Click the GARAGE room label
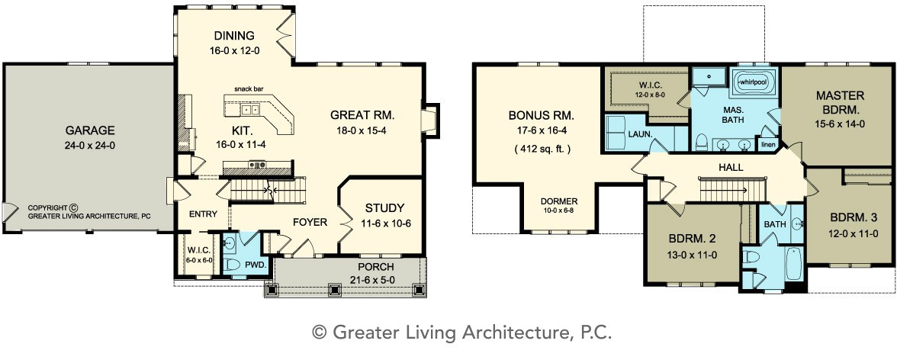[x=89, y=130]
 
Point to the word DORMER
[x=559, y=201]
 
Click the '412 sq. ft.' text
[x=542, y=149]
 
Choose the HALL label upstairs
[x=731, y=168]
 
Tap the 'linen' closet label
[x=768, y=145]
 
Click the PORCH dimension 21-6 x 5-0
[x=376, y=280]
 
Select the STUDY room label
[x=384, y=208]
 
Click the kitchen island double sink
[x=250, y=109]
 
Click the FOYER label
[x=310, y=221]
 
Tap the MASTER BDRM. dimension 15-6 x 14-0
[x=840, y=123]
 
